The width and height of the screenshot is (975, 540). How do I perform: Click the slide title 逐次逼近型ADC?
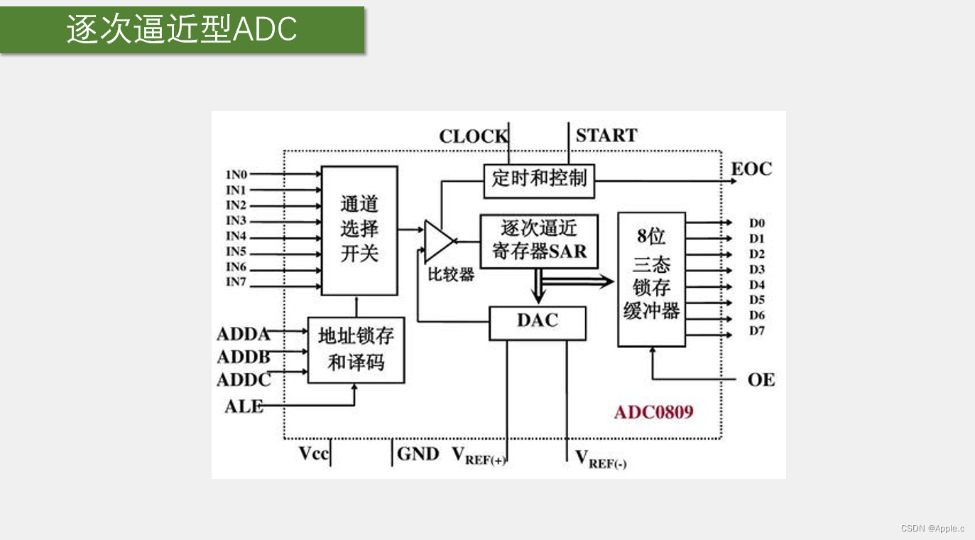pyautogui.click(x=182, y=29)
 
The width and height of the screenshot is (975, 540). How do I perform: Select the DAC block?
pyautogui.click(x=538, y=322)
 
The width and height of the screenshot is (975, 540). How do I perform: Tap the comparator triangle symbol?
pyautogui.click(x=437, y=241)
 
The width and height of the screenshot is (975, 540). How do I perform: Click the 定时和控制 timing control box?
pyautogui.click(x=539, y=179)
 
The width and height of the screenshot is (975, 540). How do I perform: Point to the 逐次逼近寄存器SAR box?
pyautogui.click(x=539, y=240)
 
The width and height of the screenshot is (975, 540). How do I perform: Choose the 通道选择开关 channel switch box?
pyautogui.click(x=359, y=229)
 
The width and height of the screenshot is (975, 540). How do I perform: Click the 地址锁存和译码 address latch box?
pyautogui.click(x=356, y=350)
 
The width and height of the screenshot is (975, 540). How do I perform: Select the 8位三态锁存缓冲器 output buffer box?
pyautogui.click(x=651, y=279)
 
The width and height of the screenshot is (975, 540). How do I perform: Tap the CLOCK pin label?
pyautogui.click(x=473, y=136)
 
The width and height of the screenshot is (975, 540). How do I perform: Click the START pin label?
pyautogui.click(x=606, y=136)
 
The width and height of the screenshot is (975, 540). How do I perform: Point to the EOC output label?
pyautogui.click(x=751, y=169)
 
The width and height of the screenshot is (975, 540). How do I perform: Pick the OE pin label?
pyautogui.click(x=761, y=380)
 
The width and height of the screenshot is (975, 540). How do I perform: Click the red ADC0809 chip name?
pyautogui.click(x=653, y=412)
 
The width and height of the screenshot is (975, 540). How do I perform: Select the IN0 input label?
pyautogui.click(x=236, y=174)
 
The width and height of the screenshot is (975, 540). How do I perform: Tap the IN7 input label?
pyautogui.click(x=236, y=283)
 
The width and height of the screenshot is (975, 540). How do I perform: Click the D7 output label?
pyautogui.click(x=757, y=331)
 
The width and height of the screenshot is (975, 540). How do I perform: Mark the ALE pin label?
pyautogui.click(x=244, y=407)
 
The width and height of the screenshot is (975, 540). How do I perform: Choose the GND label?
pyautogui.click(x=418, y=453)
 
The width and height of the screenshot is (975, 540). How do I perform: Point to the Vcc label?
pyautogui.click(x=314, y=453)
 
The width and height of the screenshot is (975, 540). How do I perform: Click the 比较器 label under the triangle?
pyautogui.click(x=451, y=274)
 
